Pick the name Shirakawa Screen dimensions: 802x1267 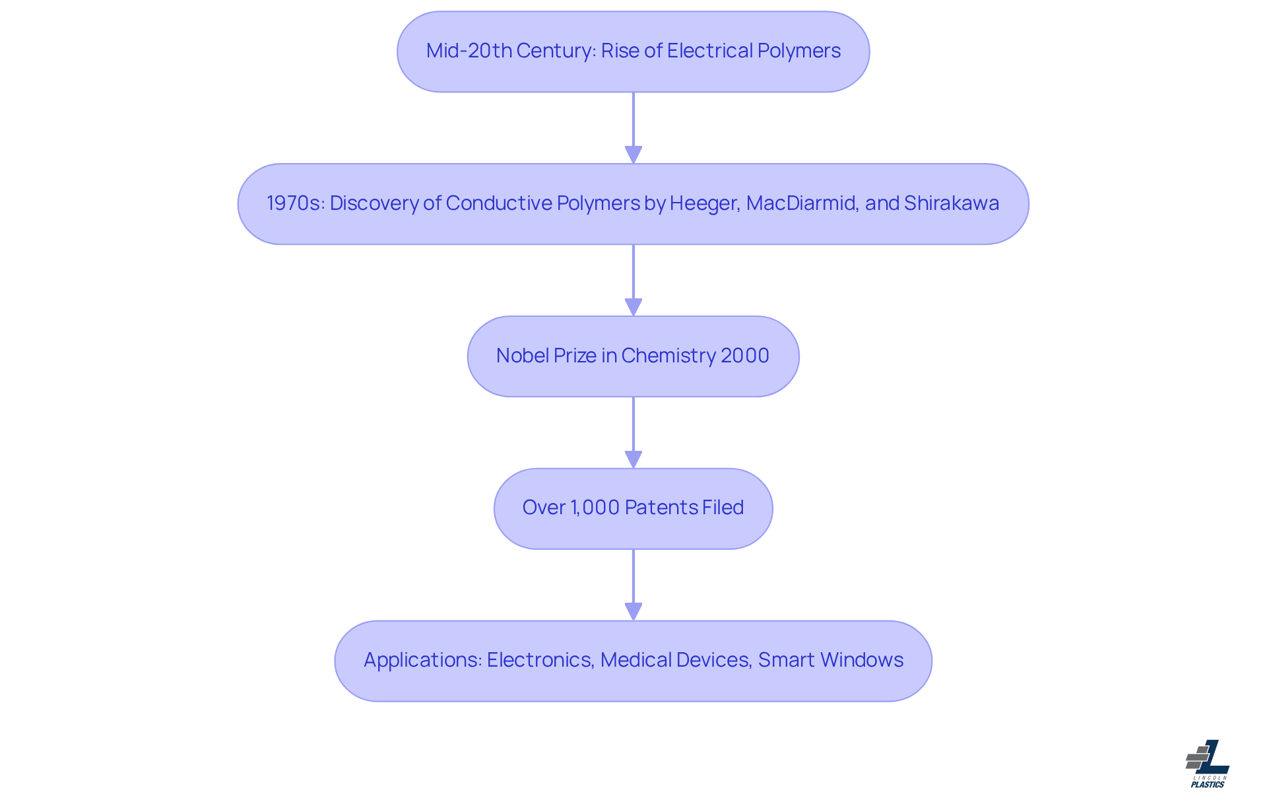click(951, 203)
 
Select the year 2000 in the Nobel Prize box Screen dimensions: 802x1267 click(744, 356)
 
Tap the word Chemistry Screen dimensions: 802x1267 click(668, 356)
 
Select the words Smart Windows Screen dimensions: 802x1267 click(830, 660)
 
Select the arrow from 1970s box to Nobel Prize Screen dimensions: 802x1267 click(633, 280)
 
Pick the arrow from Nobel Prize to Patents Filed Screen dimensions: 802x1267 click(633, 432)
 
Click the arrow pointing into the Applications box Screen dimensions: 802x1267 click(633, 584)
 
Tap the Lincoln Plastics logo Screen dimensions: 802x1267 click(1208, 764)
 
